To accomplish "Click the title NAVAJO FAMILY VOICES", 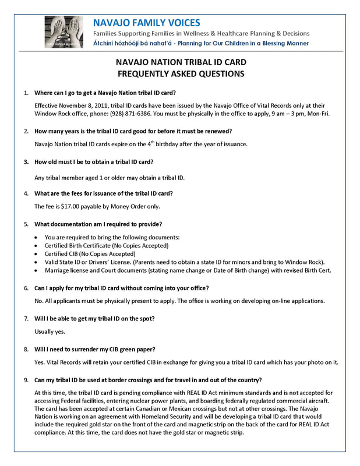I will (x=147, y=23).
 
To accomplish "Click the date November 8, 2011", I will (x=89, y=105).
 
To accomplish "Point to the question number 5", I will (x=26, y=224).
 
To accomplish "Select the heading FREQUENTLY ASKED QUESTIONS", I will (x=180, y=74).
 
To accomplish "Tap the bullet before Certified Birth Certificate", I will (x=37, y=246).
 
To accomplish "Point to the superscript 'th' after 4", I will (x=129, y=142).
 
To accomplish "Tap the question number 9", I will (x=26, y=380).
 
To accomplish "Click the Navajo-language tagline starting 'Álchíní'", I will (x=201, y=43).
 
